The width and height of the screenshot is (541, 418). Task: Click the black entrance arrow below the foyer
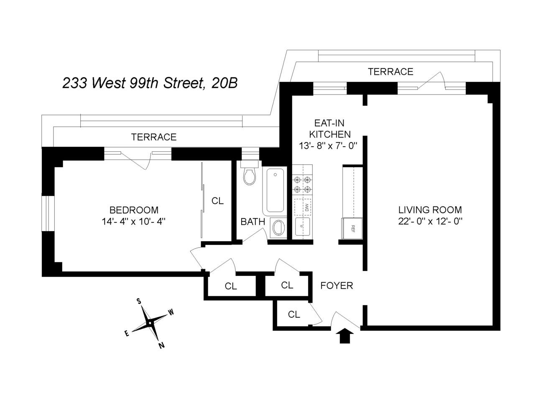click(344, 336)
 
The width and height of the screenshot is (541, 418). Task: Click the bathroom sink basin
click(277, 228)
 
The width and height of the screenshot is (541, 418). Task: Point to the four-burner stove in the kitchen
click(302, 184)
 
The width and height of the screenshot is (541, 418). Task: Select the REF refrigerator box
click(352, 228)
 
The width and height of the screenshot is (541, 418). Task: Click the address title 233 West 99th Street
click(150, 83)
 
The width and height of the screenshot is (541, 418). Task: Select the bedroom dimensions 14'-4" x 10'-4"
click(134, 222)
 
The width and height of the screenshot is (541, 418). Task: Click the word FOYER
click(337, 285)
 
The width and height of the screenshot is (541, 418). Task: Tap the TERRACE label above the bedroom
click(153, 137)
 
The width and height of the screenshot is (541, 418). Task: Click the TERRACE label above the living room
click(390, 71)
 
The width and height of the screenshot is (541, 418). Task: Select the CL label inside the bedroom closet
click(217, 201)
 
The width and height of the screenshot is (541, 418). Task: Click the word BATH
click(253, 222)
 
